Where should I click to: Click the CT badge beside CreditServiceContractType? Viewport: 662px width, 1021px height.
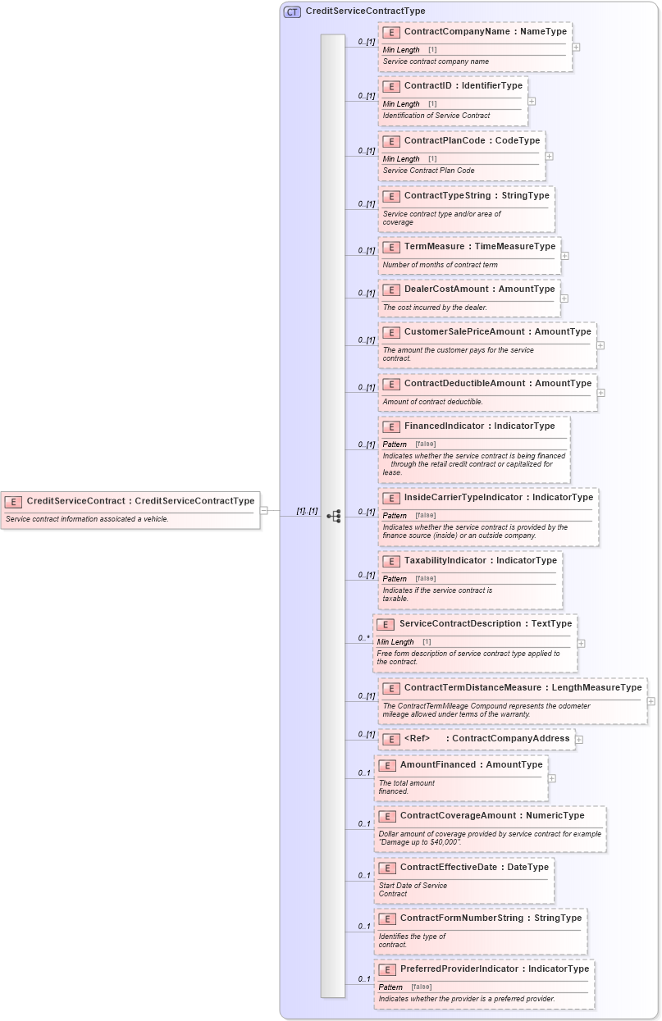[x=292, y=11]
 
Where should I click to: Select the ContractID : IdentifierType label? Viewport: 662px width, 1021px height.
[x=463, y=86]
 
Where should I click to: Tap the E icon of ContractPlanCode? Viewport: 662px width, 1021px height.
[x=391, y=141]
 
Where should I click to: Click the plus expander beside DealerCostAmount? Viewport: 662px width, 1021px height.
[x=564, y=299]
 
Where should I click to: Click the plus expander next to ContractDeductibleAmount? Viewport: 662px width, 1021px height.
[x=601, y=393]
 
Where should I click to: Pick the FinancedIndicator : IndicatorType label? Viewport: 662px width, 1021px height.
[x=479, y=426]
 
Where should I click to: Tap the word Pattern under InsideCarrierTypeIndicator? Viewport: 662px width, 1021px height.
[x=395, y=516]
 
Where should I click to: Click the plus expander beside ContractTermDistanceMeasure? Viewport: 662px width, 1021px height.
[x=651, y=701]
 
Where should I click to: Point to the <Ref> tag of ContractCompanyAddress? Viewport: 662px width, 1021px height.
[x=418, y=739]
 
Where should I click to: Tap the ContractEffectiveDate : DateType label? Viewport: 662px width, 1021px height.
[x=474, y=868]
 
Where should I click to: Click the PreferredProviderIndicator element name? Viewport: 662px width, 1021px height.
[x=461, y=969]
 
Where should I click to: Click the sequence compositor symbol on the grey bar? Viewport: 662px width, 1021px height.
[x=333, y=516]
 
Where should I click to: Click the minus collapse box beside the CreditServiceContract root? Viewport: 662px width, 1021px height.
[x=264, y=510]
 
